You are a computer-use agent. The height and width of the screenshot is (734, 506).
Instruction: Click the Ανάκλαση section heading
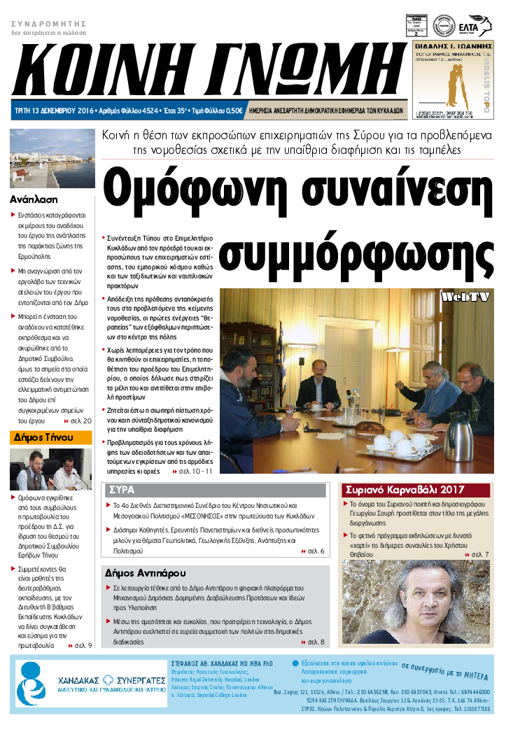[34, 199]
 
